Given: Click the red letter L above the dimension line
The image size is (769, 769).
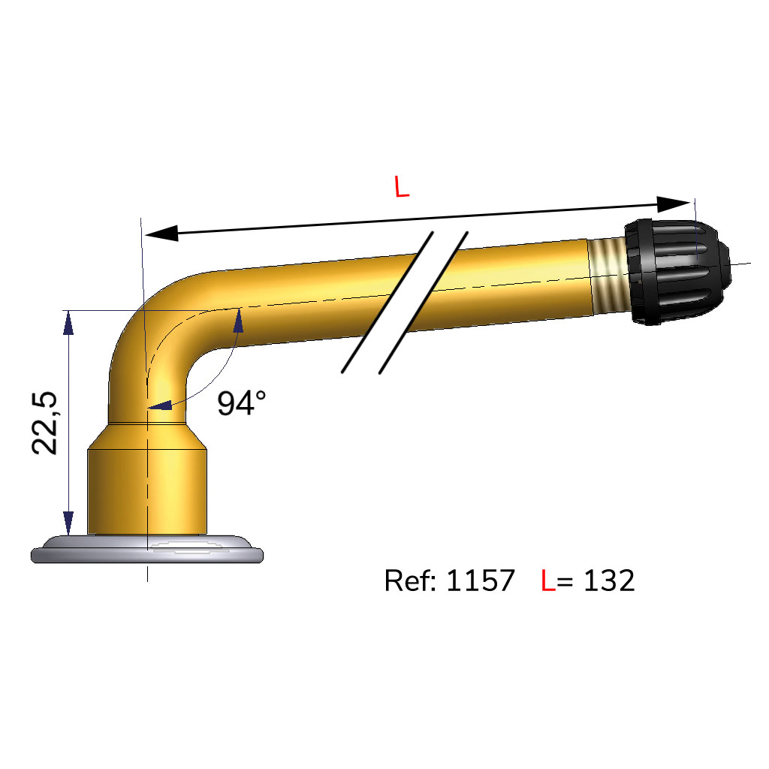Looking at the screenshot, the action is click(402, 187).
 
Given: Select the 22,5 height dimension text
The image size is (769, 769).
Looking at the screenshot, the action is click(44, 423).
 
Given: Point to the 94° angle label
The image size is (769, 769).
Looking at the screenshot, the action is click(241, 403).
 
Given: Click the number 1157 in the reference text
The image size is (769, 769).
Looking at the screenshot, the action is click(481, 581).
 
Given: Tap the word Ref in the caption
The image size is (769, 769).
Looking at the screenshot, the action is click(409, 581).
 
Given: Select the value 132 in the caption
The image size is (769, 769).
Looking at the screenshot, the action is click(609, 581).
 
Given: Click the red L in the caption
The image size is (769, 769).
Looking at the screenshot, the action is click(547, 581).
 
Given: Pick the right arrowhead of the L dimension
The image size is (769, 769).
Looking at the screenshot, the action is click(674, 204).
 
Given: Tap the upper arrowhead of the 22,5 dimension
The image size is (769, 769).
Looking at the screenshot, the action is click(68, 323).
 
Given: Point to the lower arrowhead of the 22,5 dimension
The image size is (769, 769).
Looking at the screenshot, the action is click(68, 523).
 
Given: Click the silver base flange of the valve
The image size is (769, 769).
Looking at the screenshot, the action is click(147, 549).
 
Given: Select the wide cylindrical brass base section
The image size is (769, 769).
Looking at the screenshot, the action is click(147, 491).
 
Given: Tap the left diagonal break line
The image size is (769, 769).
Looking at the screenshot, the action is click(388, 302).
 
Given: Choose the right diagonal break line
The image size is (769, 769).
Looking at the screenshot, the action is click(424, 303).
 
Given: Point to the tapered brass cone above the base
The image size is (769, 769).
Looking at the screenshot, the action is click(147, 436).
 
